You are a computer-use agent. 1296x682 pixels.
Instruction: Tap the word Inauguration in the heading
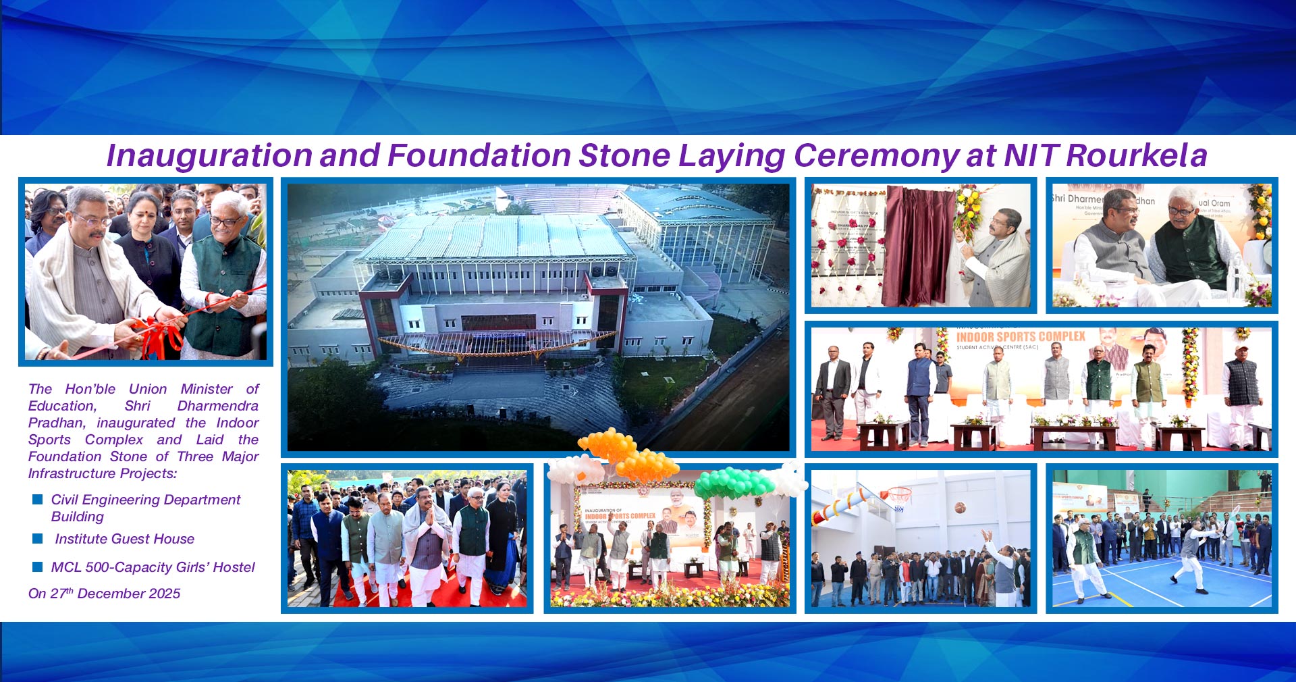[x=209, y=156]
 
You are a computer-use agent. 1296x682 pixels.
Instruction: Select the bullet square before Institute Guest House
[x=38, y=539]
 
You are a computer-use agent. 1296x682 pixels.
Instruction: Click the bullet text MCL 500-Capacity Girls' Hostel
[x=153, y=567]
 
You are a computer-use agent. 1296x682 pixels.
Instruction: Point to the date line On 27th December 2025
[x=104, y=594]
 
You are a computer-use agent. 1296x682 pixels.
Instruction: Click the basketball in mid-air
[x=960, y=507]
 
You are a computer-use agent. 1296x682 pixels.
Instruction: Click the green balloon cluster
[x=734, y=482]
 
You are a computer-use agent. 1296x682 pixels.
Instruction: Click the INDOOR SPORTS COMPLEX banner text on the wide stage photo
[x=1021, y=336]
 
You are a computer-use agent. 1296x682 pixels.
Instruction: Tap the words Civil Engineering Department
[x=146, y=500]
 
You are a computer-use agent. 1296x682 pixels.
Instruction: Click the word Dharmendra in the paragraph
[x=217, y=406]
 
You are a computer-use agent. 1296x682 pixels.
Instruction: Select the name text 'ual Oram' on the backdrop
[x=1214, y=203]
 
